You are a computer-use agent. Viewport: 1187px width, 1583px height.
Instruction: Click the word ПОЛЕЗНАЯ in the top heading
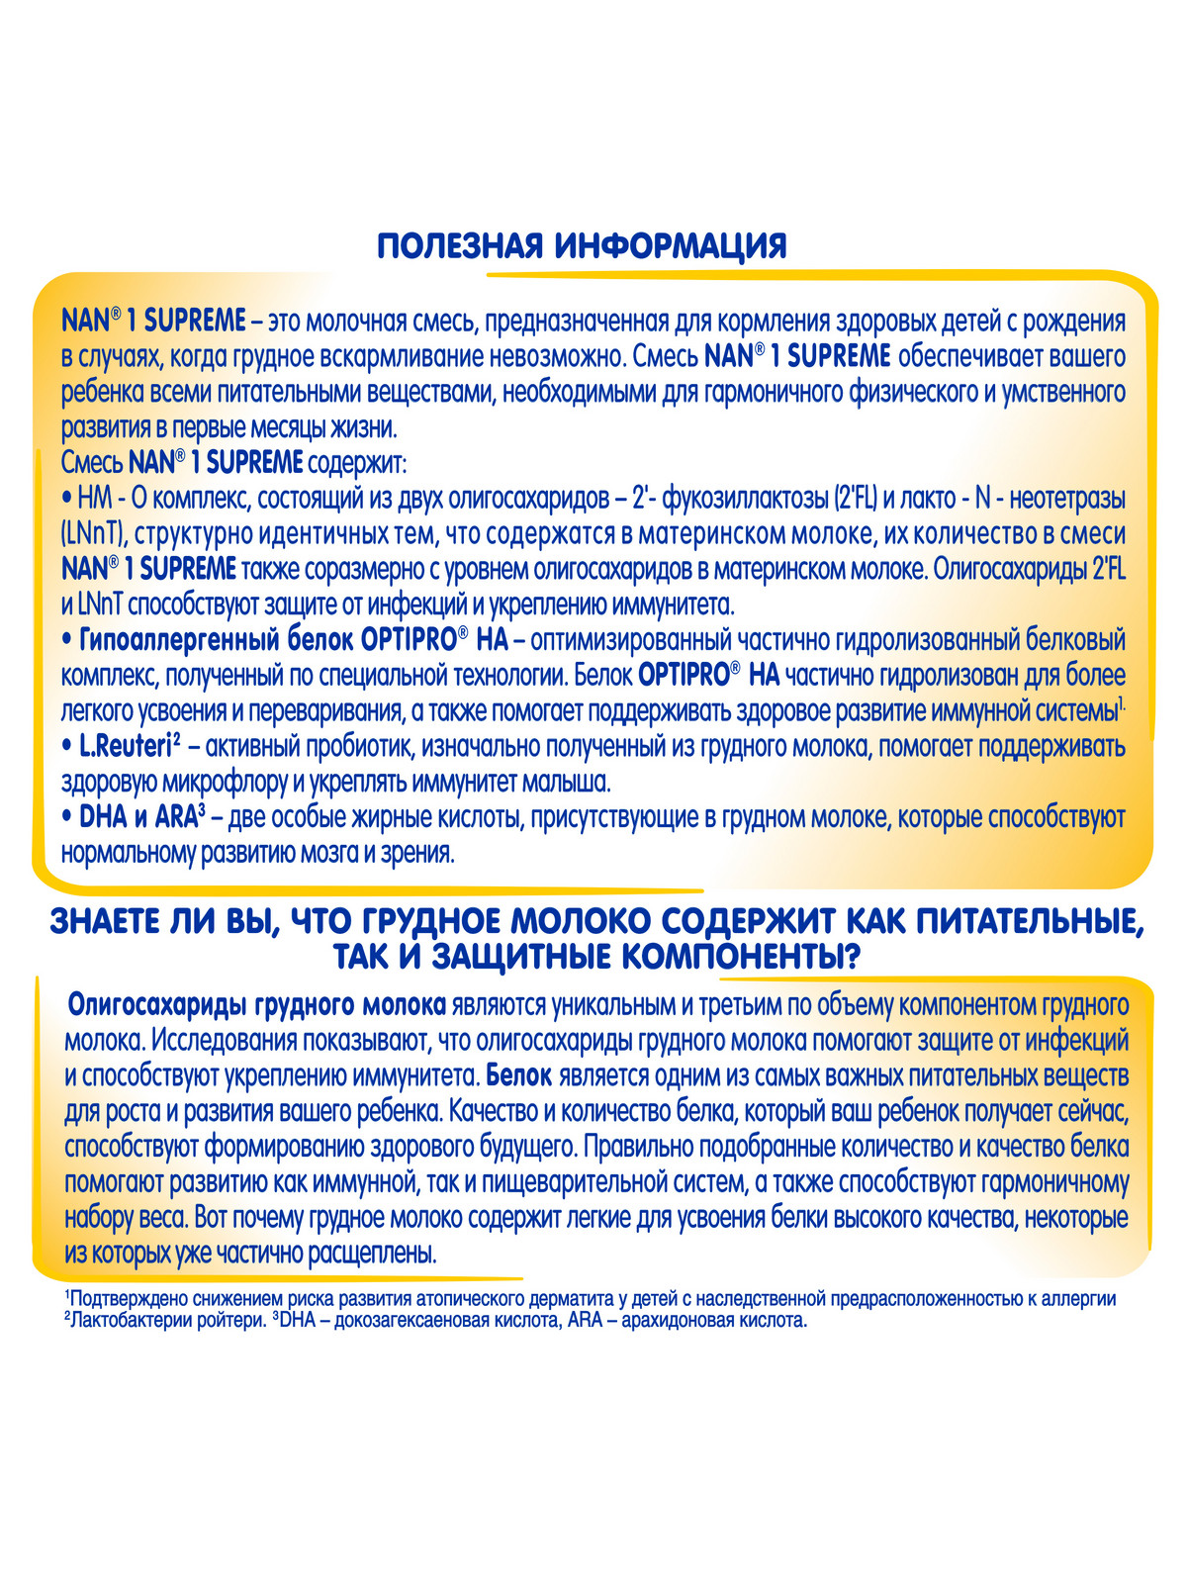point(461,244)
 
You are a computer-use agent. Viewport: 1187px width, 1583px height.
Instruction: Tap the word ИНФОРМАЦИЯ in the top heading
point(672,244)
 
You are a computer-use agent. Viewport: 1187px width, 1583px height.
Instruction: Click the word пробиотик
point(356,747)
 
